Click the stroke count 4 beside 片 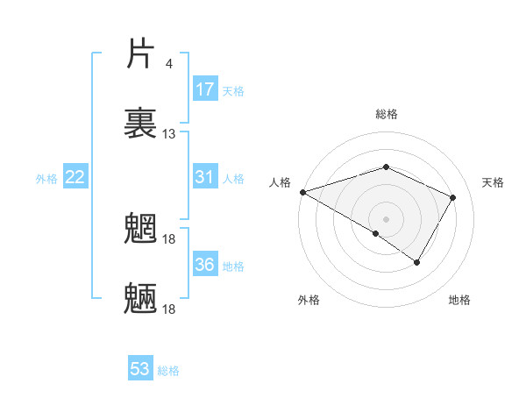coord(169,64)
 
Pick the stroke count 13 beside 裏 coord(169,134)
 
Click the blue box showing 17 coord(205,89)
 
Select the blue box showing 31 coord(205,177)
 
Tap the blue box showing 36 coord(205,265)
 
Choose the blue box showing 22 coord(75,177)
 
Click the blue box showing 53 coord(140,369)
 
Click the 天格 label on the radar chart coord(494,182)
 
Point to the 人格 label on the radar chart coord(280,182)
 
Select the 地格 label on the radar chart coord(459,300)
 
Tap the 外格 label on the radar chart coord(309,300)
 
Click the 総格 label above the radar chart coord(387,114)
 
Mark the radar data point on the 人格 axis coord(302,191)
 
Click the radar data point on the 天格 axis coord(453,197)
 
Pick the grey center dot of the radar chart coord(387,218)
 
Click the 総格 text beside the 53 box coord(168,370)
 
